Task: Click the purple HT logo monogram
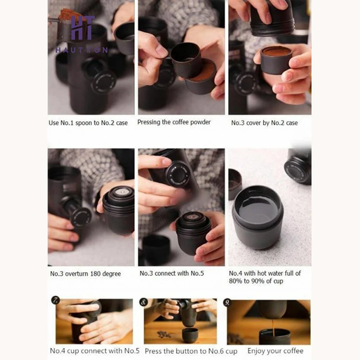point(82,28)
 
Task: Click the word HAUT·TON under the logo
point(82,50)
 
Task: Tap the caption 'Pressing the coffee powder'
point(174,122)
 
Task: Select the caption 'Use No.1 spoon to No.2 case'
point(88,123)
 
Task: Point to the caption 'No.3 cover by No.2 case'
point(264,123)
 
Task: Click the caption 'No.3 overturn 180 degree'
point(85,274)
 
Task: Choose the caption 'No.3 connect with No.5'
point(172,273)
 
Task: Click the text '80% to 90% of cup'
point(256,281)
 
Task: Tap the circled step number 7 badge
point(55,300)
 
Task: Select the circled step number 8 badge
point(143,302)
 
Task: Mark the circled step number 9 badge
point(227,302)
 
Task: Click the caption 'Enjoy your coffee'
point(275,351)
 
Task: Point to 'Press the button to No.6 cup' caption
point(191,351)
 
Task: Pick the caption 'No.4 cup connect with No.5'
point(94,351)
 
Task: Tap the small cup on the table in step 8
point(190,335)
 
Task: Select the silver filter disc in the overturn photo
point(121,192)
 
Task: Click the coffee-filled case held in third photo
point(276,60)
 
